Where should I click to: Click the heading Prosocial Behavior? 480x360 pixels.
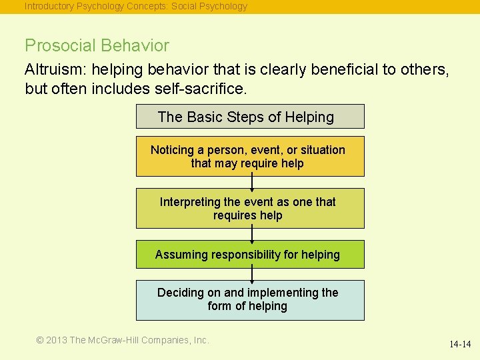(x=97, y=46)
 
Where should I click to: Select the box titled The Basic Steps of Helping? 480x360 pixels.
(x=250, y=117)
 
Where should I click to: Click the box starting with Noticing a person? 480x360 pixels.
(x=250, y=157)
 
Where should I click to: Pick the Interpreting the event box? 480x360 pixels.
(x=250, y=209)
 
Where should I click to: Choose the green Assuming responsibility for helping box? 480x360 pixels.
(x=250, y=254)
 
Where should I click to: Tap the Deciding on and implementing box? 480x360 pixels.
(x=250, y=300)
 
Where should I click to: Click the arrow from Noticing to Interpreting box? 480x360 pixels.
(x=252, y=182)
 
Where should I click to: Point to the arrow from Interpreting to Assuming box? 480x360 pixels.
(x=252, y=234)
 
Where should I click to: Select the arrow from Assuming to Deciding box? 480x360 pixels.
(x=252, y=274)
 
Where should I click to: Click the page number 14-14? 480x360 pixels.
(x=459, y=344)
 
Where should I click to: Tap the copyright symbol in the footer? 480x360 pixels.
(x=40, y=340)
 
